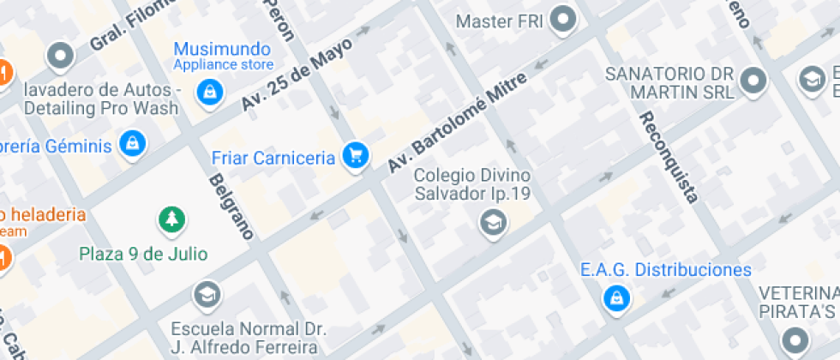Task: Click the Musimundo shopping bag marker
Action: (207, 92)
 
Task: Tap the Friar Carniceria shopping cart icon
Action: (355, 156)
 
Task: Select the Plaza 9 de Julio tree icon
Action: (172, 219)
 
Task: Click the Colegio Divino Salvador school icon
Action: (493, 223)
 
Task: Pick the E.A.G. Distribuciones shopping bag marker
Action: (615, 297)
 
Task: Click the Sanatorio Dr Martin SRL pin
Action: (753, 81)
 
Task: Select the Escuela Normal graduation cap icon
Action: (206, 296)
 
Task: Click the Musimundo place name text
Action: (222, 49)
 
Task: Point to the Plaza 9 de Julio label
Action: (143, 254)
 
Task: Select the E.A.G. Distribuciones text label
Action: (665, 270)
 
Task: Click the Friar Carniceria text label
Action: (273, 158)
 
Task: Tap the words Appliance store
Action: (224, 65)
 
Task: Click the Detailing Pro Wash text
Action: (101, 108)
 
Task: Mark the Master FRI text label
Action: (499, 20)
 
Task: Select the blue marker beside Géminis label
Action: (132, 145)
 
